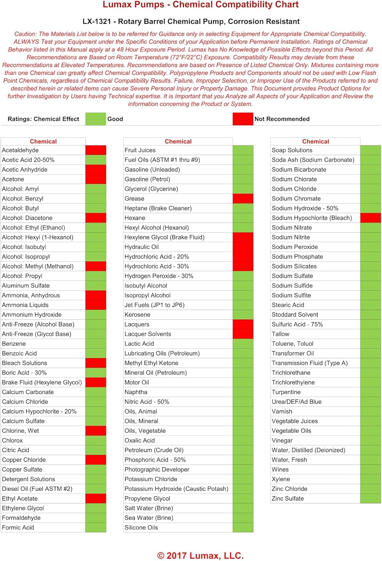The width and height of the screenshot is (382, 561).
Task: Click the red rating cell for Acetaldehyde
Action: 96,150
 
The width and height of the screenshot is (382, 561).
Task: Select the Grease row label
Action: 134,199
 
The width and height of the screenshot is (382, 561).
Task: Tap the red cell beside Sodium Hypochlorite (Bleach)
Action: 370,218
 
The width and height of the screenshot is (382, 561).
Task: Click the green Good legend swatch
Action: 96,119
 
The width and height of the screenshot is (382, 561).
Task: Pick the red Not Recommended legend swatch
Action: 243,119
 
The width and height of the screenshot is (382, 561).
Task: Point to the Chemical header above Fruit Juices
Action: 178,141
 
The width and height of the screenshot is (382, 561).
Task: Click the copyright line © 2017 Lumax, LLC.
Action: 200,555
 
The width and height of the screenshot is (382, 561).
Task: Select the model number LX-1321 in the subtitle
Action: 97,21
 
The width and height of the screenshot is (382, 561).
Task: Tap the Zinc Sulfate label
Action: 288,498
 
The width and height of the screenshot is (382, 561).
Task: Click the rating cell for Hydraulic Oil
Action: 243,247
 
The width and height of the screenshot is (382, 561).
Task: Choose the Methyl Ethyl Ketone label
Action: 152,363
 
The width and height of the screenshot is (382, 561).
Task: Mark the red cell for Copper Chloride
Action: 96,460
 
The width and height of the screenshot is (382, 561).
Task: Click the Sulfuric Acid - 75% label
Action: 297,324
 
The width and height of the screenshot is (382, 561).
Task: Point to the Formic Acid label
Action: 18,527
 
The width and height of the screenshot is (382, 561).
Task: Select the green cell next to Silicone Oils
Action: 243,527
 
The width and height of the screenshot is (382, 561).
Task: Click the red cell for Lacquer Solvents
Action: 243,334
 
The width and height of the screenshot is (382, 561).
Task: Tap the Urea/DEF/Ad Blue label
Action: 297,402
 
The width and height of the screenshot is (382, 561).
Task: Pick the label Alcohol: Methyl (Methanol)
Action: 38,266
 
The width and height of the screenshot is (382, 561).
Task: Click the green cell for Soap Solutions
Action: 370,150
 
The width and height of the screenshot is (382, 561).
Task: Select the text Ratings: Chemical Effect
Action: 43,119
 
